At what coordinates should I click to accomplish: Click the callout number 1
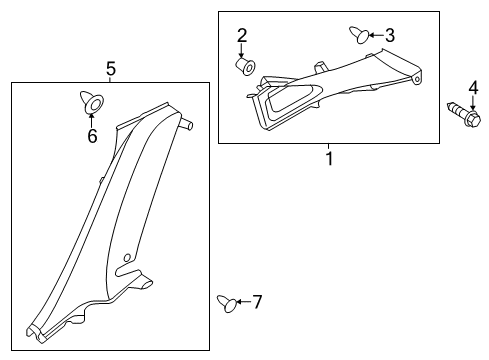[329, 159]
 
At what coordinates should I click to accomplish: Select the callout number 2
[242, 35]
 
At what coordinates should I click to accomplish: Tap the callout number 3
[390, 35]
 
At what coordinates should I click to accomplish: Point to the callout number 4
[473, 88]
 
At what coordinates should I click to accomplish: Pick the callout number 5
[111, 69]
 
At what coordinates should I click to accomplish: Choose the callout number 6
[92, 136]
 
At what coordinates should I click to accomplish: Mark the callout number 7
[257, 302]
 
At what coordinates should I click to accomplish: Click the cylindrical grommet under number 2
[245, 67]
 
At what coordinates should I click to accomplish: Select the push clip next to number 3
[359, 35]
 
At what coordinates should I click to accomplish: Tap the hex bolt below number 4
[464, 114]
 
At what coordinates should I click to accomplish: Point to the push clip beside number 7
[227, 304]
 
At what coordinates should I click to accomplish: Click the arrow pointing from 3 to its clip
[376, 35]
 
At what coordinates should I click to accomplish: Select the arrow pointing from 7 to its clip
[243, 302]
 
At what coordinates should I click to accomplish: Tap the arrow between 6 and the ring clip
[91, 120]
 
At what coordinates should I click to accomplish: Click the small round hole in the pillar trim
[127, 258]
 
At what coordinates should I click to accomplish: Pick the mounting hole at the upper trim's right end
[416, 79]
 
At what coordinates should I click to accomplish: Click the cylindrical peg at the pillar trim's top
[187, 124]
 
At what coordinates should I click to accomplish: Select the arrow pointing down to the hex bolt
[473, 103]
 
